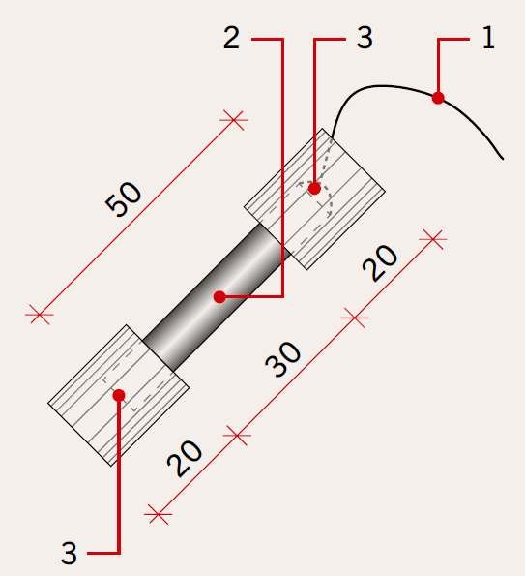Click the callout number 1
pyautogui.click(x=488, y=38)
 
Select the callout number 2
pyautogui.click(x=231, y=38)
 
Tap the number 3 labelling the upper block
pyautogui.click(x=365, y=38)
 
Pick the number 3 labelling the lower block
pyautogui.click(x=69, y=553)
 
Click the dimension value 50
pyautogui.click(x=123, y=198)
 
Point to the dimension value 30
pyautogui.click(x=283, y=358)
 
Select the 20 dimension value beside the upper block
pyautogui.click(x=380, y=262)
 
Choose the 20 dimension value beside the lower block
pyautogui.click(x=185, y=459)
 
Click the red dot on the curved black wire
pyautogui.click(x=438, y=98)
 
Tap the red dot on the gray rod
pyautogui.click(x=219, y=297)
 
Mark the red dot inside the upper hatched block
pyautogui.click(x=314, y=189)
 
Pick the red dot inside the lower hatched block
pyautogui.click(x=119, y=395)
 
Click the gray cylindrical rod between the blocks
pyautogui.click(x=217, y=297)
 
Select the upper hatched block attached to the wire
pyautogui.click(x=314, y=198)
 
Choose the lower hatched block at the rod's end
pyautogui.click(x=119, y=395)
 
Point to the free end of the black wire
pyautogui.click(x=503, y=159)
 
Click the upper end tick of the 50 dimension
pyautogui.click(x=233, y=120)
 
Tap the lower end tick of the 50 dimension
pyautogui.click(x=40, y=315)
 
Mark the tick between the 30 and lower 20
pyautogui.click(x=237, y=436)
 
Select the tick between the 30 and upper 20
pyautogui.click(x=355, y=318)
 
